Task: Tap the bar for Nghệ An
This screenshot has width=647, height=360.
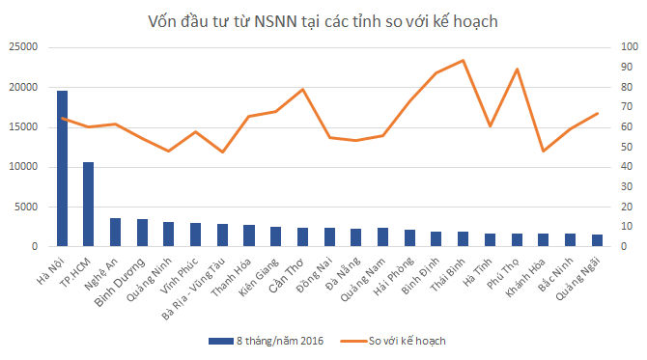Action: (116, 233)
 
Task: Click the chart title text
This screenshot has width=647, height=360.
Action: (323, 20)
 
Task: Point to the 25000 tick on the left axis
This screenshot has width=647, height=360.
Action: (22, 47)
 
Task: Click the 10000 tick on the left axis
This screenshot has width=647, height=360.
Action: (22, 167)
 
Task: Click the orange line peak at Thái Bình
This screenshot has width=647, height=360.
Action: (463, 61)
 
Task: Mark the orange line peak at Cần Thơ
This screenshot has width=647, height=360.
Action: (302, 89)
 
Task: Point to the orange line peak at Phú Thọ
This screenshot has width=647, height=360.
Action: (516, 69)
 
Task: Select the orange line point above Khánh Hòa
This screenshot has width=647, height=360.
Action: (543, 151)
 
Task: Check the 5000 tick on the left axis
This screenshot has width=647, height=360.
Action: (25, 207)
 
